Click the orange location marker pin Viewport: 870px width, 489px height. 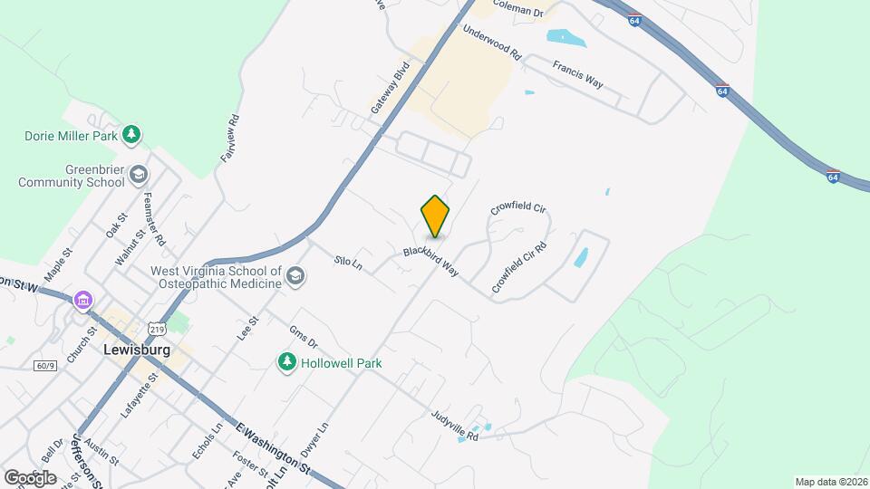pyautogui.click(x=435, y=216)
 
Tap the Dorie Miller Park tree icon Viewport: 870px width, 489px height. pyautogui.click(x=132, y=135)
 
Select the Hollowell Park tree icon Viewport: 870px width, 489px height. pyautogui.click(x=286, y=362)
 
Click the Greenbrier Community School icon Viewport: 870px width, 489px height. pyautogui.click(x=139, y=173)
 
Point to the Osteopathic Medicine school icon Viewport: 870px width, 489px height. pyautogui.click(x=295, y=276)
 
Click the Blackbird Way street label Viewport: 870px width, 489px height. pyautogui.click(x=431, y=262)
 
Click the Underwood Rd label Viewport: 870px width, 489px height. pyautogui.click(x=492, y=43)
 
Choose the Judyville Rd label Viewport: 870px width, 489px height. pyautogui.click(x=454, y=423)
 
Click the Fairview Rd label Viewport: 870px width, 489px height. pyautogui.click(x=230, y=138)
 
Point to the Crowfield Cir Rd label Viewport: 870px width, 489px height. pyautogui.click(x=520, y=267)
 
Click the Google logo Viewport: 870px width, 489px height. pyautogui.click(x=30, y=477)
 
